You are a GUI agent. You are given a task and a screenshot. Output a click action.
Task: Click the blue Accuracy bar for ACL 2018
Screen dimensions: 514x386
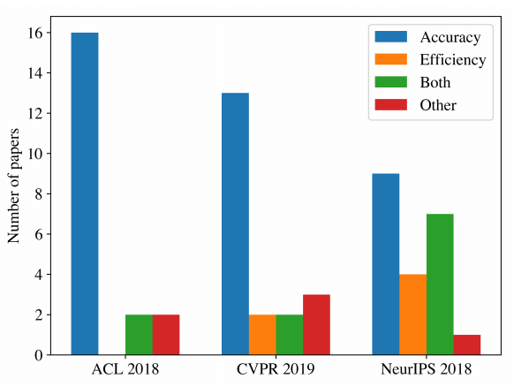click(x=85, y=193)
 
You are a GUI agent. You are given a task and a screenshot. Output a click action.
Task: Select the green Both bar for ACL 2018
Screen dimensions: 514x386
click(x=139, y=335)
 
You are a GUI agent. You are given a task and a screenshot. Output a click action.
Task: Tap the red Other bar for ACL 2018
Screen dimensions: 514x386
click(x=166, y=335)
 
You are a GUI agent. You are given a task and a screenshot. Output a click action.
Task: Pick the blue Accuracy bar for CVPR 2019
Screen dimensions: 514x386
click(x=236, y=224)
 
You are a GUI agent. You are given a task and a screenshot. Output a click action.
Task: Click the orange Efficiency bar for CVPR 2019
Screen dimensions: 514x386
click(x=262, y=335)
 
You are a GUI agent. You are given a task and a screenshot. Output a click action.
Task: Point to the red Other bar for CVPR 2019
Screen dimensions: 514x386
click(x=317, y=325)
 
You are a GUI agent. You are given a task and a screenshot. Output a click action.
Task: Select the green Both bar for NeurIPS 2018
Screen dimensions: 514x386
click(x=440, y=284)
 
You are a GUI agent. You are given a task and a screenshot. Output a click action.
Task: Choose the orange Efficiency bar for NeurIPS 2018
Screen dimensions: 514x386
click(x=413, y=314)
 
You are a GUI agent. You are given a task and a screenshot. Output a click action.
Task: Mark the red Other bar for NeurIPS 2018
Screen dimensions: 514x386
click(x=467, y=344)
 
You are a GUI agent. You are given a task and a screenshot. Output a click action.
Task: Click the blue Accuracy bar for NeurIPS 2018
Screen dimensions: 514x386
click(x=386, y=264)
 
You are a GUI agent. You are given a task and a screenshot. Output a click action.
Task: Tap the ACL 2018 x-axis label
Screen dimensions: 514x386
click(x=125, y=369)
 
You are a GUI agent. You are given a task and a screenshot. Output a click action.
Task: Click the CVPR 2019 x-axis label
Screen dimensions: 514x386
click(x=276, y=369)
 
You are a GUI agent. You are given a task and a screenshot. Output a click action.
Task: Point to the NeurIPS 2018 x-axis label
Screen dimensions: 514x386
click(x=427, y=369)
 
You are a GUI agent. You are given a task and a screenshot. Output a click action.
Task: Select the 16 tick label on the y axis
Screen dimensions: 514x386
click(x=35, y=33)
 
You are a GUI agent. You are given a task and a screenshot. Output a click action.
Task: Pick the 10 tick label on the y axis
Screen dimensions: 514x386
click(x=35, y=154)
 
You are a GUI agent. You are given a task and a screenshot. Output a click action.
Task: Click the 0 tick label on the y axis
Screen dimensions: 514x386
click(x=39, y=355)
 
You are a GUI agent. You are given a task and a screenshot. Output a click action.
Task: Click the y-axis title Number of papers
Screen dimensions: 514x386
click(x=14, y=185)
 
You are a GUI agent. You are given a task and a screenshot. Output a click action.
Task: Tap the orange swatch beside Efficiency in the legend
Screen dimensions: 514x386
click(x=391, y=59)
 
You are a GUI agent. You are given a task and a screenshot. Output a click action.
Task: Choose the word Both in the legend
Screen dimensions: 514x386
click(x=435, y=82)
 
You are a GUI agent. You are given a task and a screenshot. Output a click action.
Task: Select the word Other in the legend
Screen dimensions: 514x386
click(x=438, y=105)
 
